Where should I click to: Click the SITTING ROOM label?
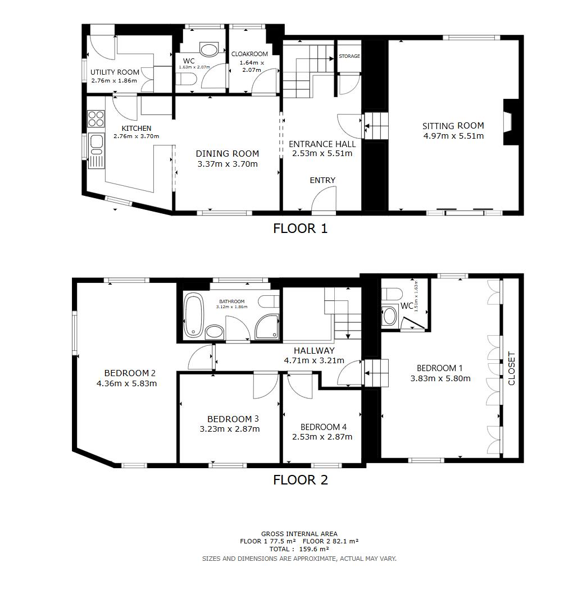click(x=453, y=126)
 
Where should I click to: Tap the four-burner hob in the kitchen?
click(x=95, y=118)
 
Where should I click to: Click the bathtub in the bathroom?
click(x=194, y=315)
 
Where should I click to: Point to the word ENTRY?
click(x=322, y=180)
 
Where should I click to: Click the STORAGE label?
click(x=349, y=56)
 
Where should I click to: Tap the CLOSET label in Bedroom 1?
click(x=511, y=368)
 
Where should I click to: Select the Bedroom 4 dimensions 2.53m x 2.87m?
click(x=322, y=437)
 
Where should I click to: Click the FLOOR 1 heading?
click(x=300, y=228)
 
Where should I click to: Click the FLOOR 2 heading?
click(x=300, y=480)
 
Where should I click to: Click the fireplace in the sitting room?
click(x=509, y=122)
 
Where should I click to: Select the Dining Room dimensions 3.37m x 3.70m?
click(x=228, y=164)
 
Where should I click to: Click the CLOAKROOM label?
click(x=249, y=54)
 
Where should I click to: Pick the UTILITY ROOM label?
click(x=115, y=72)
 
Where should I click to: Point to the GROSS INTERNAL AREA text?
click(x=299, y=534)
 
